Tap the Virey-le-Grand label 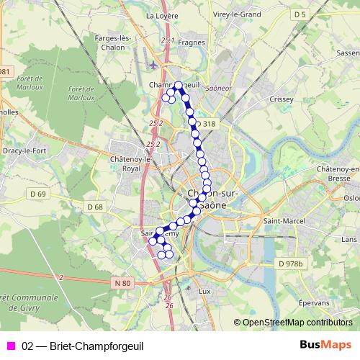coord(237,14)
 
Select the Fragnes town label coord(192,42)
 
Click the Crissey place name coord(280,99)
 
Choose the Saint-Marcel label coord(280,220)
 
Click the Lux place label coord(204,291)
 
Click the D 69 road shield coord(37,194)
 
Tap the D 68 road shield coord(94,207)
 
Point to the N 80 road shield coord(122,283)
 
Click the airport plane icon coord(153,64)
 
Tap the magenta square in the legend coord(10,346)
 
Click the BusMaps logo coord(325,345)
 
